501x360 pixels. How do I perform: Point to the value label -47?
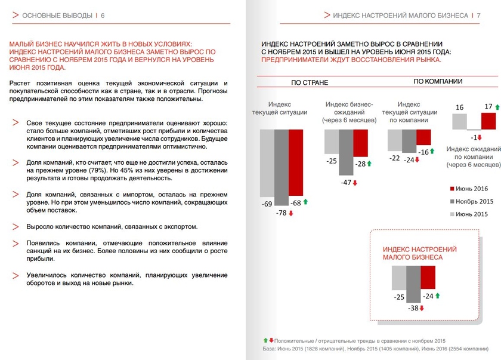(345, 183)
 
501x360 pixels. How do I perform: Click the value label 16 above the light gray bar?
(459, 107)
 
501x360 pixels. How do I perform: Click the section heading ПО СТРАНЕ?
(310, 82)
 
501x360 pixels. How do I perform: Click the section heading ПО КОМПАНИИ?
(438, 81)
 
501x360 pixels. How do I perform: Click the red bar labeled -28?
(360, 143)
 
